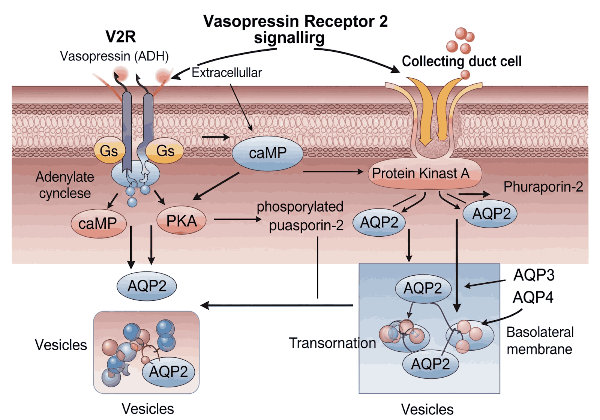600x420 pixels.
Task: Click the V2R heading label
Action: coord(120,37)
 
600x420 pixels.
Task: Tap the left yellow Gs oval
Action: coord(109,151)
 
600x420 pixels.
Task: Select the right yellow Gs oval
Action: coord(165,151)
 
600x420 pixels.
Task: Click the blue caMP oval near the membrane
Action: coord(267,153)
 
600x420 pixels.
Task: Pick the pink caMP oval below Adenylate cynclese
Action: coord(98,223)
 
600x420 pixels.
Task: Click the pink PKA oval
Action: coord(181,221)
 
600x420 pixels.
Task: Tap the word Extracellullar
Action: coord(226,72)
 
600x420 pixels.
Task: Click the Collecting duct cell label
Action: coord(461,61)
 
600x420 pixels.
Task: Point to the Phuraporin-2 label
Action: coord(543,186)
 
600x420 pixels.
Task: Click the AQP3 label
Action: coord(534,275)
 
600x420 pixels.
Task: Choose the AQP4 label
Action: coord(533,297)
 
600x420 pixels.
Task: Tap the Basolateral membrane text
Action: coord(540,340)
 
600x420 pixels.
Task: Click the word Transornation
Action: coord(332,343)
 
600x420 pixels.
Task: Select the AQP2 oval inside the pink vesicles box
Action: coord(168,372)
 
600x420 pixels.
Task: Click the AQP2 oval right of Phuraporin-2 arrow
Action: coord(491,214)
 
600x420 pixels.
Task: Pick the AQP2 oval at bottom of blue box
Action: coord(430,364)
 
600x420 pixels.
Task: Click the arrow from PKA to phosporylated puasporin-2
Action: coord(236,219)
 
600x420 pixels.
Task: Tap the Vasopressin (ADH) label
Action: coord(114,56)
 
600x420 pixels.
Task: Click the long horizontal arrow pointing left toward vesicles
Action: coord(277,305)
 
